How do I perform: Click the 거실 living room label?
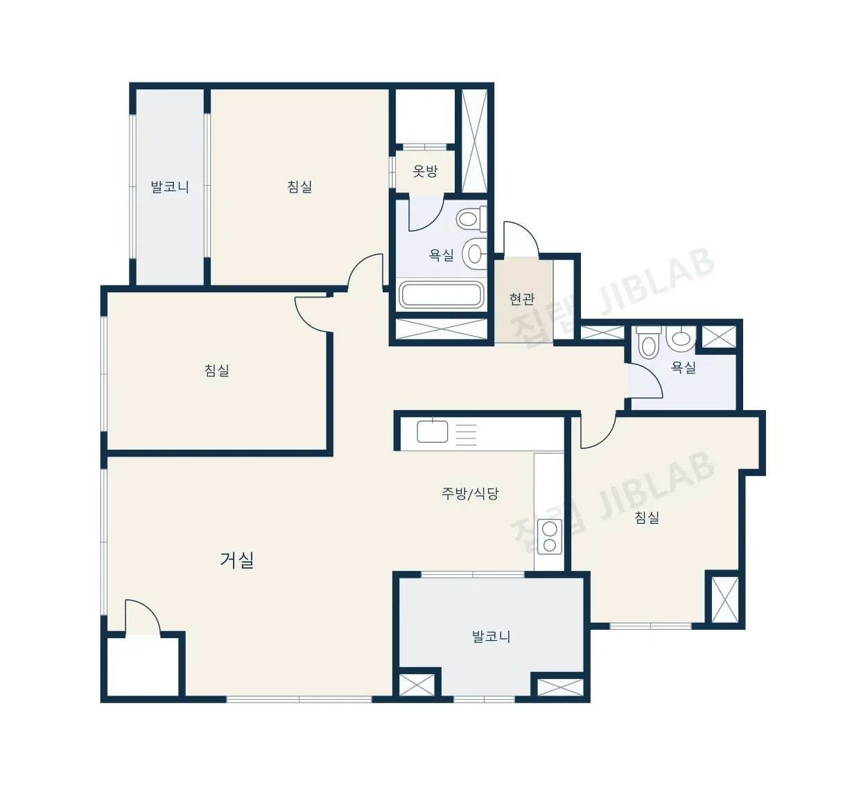[x=237, y=560]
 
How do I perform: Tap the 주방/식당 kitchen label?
[x=470, y=493]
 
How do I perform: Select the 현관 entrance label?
[x=522, y=299]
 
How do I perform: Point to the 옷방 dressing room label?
[x=425, y=171]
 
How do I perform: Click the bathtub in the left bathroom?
[x=441, y=295]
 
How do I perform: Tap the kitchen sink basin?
[x=432, y=432]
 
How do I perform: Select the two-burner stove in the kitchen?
[x=550, y=537]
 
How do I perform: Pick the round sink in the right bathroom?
[x=681, y=337]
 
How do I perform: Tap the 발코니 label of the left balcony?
[x=170, y=187]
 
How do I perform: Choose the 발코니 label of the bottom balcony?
[x=491, y=637]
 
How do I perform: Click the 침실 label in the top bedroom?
[x=299, y=186]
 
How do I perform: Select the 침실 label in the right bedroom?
[x=647, y=518]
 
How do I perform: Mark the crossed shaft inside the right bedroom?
[x=725, y=600]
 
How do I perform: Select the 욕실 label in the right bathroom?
[x=684, y=367]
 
